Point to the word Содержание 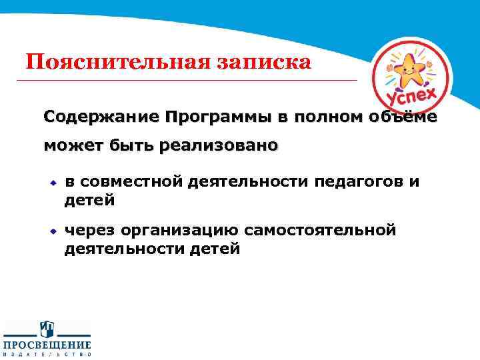tap(101, 117)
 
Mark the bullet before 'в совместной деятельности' tap(51, 181)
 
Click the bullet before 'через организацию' tap(51, 231)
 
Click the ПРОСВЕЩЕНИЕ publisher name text tap(47, 345)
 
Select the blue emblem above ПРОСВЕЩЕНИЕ tap(47, 328)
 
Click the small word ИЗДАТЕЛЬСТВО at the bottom tap(47, 355)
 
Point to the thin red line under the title tap(187, 81)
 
